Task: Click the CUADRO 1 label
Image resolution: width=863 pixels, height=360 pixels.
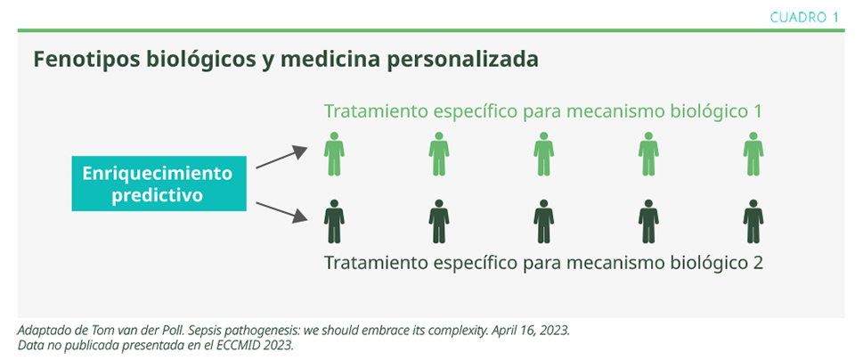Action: [x=804, y=17]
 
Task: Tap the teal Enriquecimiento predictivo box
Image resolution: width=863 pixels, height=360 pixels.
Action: [x=159, y=184]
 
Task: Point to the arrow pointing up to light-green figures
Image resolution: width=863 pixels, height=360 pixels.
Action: [x=281, y=158]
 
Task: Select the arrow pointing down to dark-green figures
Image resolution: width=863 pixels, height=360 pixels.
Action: [x=281, y=212]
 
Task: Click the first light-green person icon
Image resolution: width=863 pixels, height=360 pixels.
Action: [x=334, y=153]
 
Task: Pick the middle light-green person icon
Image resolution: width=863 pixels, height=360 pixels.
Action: [x=544, y=153]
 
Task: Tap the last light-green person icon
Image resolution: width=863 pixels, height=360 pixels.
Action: [x=753, y=153]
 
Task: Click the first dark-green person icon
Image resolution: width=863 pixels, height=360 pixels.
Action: [x=334, y=221]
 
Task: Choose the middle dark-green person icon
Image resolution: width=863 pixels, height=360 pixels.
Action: [x=544, y=221]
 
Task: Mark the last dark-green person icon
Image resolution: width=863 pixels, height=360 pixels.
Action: [x=753, y=221]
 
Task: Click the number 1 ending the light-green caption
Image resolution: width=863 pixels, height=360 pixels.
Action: [x=757, y=111]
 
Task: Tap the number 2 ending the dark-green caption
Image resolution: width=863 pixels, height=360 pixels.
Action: [x=757, y=262]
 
